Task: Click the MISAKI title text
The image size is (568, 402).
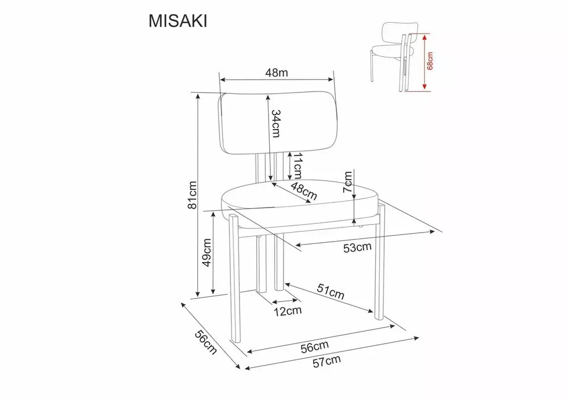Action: pyautogui.click(x=178, y=22)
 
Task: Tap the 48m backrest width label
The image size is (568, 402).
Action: pyautogui.click(x=277, y=73)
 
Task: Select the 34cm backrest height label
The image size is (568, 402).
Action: pyautogui.click(x=276, y=123)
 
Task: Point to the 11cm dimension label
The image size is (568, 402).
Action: pyautogui.click(x=298, y=165)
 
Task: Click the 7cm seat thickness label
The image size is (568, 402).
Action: pyautogui.click(x=347, y=182)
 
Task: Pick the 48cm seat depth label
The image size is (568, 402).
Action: pyautogui.click(x=304, y=192)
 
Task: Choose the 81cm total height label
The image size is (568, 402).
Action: pyautogui.click(x=192, y=195)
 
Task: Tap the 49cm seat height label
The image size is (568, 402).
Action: pyautogui.click(x=207, y=252)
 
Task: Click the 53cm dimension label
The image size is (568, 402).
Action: pyautogui.click(x=357, y=247)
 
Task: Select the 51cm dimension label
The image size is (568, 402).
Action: pyautogui.click(x=330, y=291)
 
